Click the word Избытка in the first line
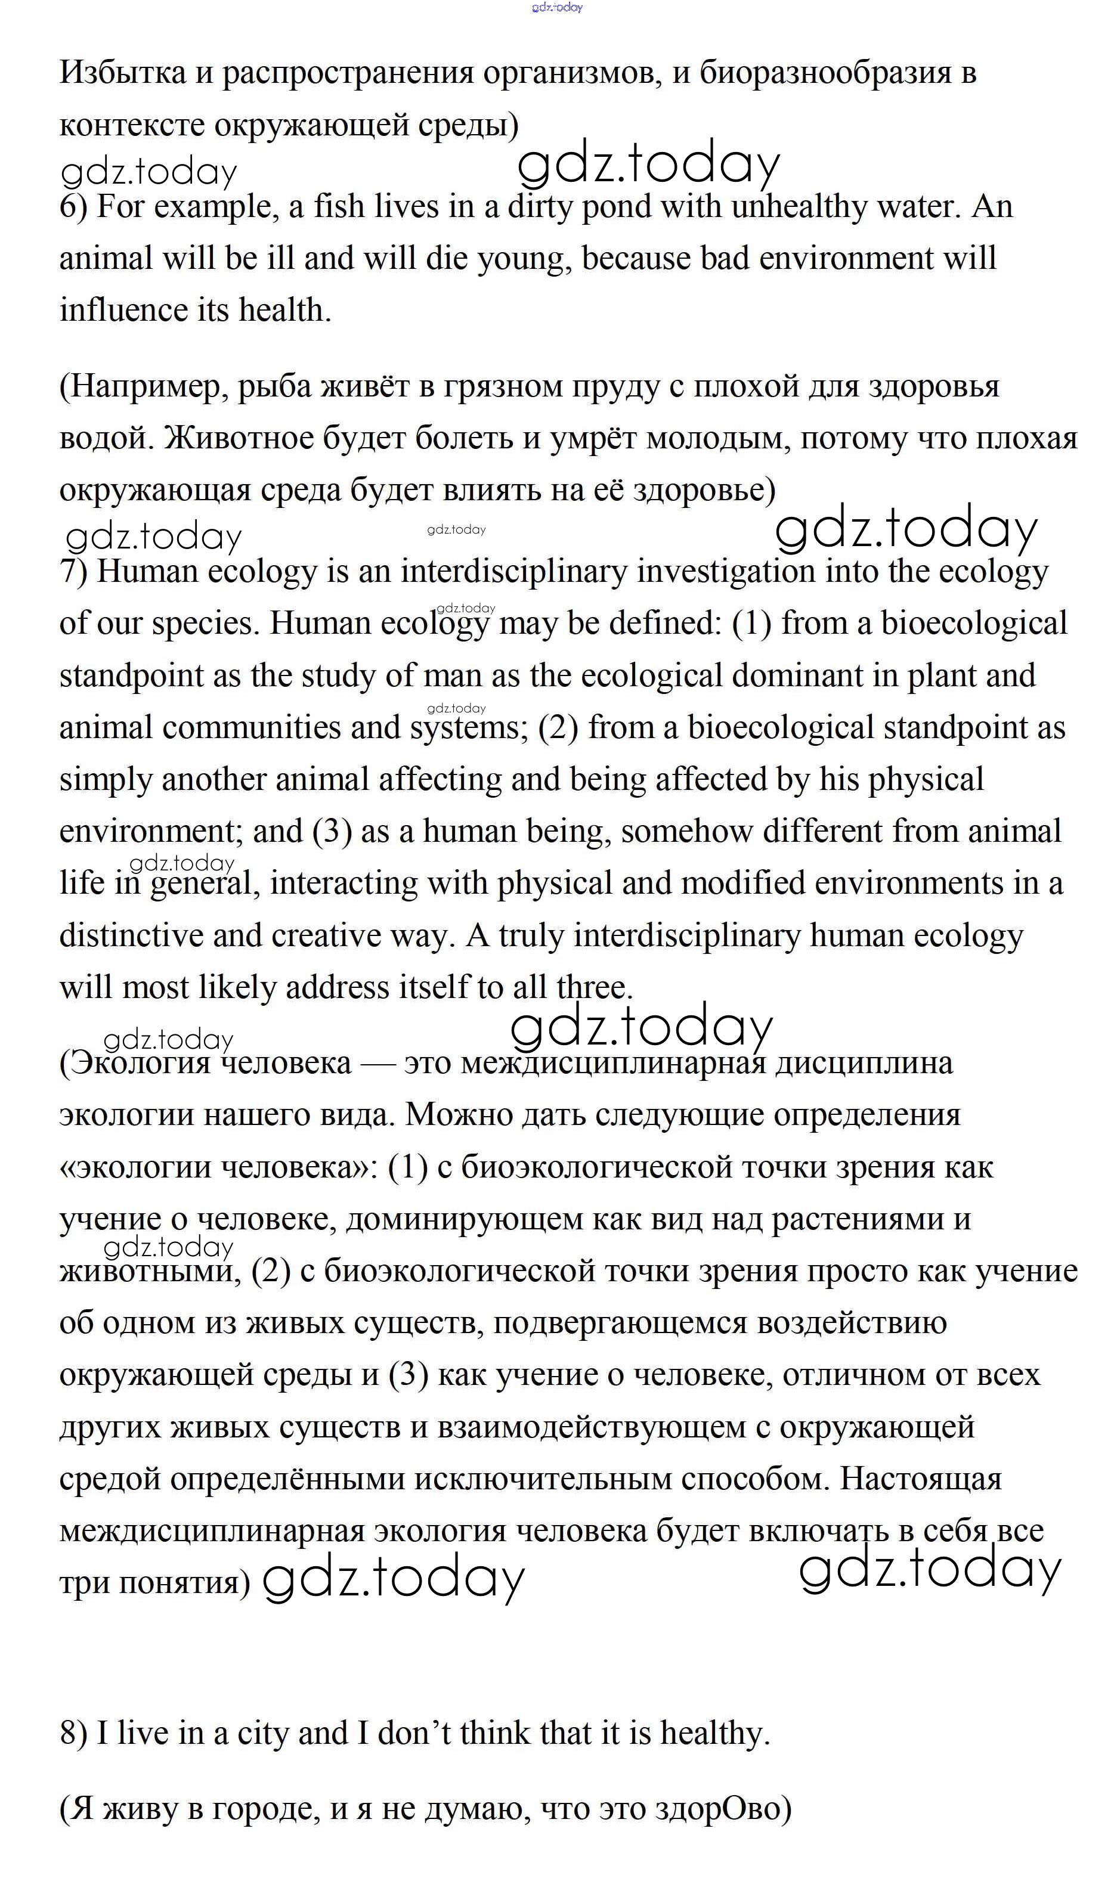coord(122,73)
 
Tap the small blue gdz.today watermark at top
coord(557,8)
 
